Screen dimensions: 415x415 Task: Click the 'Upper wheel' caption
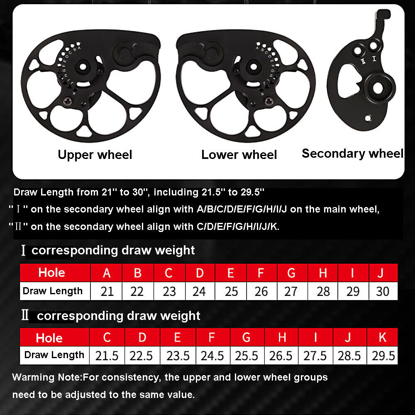[x=95, y=155]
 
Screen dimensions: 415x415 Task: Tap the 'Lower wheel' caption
[x=239, y=155]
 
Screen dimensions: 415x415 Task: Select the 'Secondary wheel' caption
[x=352, y=154]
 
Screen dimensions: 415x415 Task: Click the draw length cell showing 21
[x=107, y=291]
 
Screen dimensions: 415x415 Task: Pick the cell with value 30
[x=383, y=291]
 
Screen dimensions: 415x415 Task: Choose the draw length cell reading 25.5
[x=246, y=356]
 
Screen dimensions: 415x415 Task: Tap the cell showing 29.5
[x=383, y=356]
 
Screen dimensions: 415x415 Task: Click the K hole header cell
[x=383, y=337]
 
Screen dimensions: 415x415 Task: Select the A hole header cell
[x=107, y=273]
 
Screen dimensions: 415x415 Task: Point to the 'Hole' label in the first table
[x=51, y=273]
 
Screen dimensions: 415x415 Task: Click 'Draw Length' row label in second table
[x=54, y=355]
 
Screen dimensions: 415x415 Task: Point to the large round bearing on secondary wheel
[x=378, y=88]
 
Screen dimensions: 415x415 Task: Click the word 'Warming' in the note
[x=31, y=378]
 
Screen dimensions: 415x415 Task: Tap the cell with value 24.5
[x=212, y=356]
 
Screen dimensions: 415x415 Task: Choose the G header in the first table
[x=291, y=273]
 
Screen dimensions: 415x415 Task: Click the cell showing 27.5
[x=315, y=356]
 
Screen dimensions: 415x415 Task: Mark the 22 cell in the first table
[x=137, y=291]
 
